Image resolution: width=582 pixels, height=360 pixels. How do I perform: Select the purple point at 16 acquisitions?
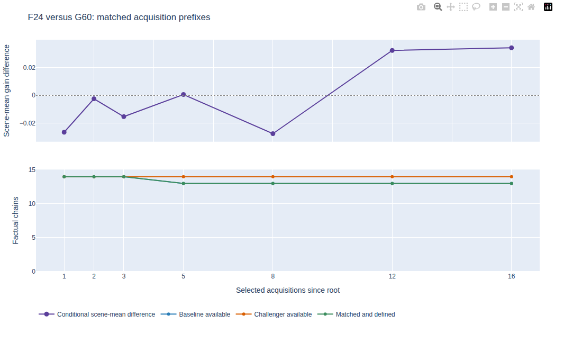[512, 48]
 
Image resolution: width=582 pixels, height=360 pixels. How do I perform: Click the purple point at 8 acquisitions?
[273, 134]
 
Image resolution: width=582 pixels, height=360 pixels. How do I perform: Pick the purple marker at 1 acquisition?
[64, 132]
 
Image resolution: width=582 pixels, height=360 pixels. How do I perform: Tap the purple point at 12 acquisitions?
[393, 50]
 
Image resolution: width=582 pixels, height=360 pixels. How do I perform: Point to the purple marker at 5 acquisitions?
[184, 95]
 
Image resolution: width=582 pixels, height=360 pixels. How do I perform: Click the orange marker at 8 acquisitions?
[273, 177]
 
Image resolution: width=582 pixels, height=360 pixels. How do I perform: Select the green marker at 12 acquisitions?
[393, 184]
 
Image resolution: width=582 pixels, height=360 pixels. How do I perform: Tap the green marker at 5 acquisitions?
[184, 184]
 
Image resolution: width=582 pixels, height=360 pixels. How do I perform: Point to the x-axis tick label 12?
[393, 276]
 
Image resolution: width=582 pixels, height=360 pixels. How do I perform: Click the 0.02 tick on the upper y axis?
[29, 68]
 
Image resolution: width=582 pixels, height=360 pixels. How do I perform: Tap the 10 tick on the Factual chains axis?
[32, 204]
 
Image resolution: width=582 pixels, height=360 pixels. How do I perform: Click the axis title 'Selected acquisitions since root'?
[288, 290]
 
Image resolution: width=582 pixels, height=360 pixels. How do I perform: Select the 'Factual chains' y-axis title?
[15, 221]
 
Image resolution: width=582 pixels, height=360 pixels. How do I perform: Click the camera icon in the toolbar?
[421, 7]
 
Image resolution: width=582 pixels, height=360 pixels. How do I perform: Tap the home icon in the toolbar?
[531, 7]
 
